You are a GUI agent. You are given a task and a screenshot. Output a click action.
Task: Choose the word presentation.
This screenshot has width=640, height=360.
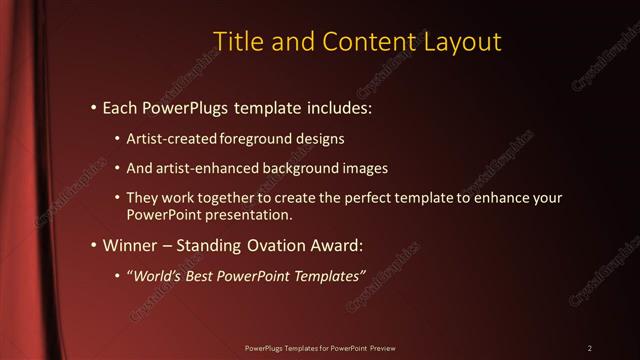[249, 214]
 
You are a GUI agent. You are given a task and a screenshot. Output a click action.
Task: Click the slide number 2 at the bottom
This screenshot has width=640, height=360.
[590, 348]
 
